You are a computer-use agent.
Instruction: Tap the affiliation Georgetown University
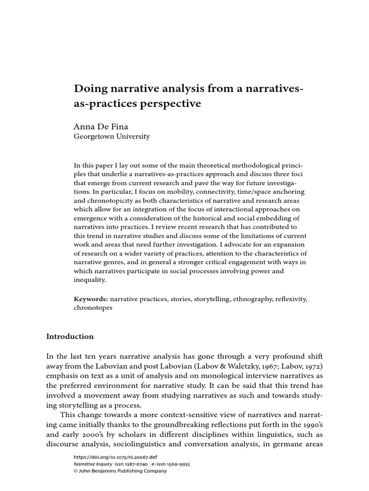click(111, 137)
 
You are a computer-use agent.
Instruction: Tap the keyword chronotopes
click(93, 308)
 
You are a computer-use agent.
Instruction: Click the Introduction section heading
click(70, 337)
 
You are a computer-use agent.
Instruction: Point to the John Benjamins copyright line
click(120, 471)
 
